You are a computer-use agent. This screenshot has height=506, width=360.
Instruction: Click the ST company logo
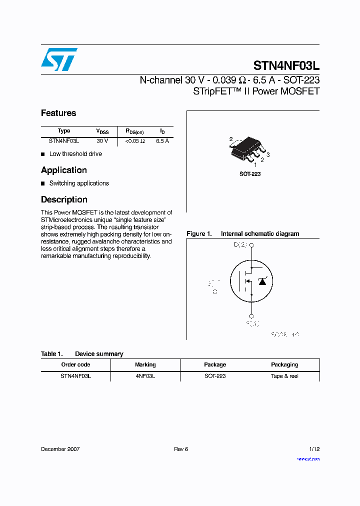[59, 59]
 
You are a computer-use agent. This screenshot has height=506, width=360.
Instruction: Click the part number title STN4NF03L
[286, 65]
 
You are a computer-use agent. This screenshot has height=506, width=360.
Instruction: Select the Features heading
[58, 113]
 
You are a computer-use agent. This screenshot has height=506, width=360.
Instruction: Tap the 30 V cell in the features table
[102, 141]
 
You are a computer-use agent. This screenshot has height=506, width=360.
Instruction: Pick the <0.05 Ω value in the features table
[135, 141]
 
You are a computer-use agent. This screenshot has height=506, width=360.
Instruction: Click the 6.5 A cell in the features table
[162, 141]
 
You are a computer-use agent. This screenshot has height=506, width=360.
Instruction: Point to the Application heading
[64, 170]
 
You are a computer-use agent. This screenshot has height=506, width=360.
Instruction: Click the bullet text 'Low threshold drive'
[75, 154]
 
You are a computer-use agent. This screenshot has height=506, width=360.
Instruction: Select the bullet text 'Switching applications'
[79, 183]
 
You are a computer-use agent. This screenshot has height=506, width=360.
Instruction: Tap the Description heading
[64, 199]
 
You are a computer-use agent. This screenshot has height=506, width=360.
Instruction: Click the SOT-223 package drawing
[248, 148]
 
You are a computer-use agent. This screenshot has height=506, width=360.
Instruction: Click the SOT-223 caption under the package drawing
[250, 174]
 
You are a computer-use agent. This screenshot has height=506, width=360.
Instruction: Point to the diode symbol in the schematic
[262, 281]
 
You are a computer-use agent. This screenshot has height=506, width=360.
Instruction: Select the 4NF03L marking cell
[145, 376]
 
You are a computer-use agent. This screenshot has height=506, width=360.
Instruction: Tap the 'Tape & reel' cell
[284, 376]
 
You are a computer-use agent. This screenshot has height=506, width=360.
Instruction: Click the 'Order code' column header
[75, 364]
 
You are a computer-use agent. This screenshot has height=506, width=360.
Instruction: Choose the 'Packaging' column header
[284, 364]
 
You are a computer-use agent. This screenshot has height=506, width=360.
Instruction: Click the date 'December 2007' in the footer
[60, 449]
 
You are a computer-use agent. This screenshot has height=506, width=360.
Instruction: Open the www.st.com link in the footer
[308, 458]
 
